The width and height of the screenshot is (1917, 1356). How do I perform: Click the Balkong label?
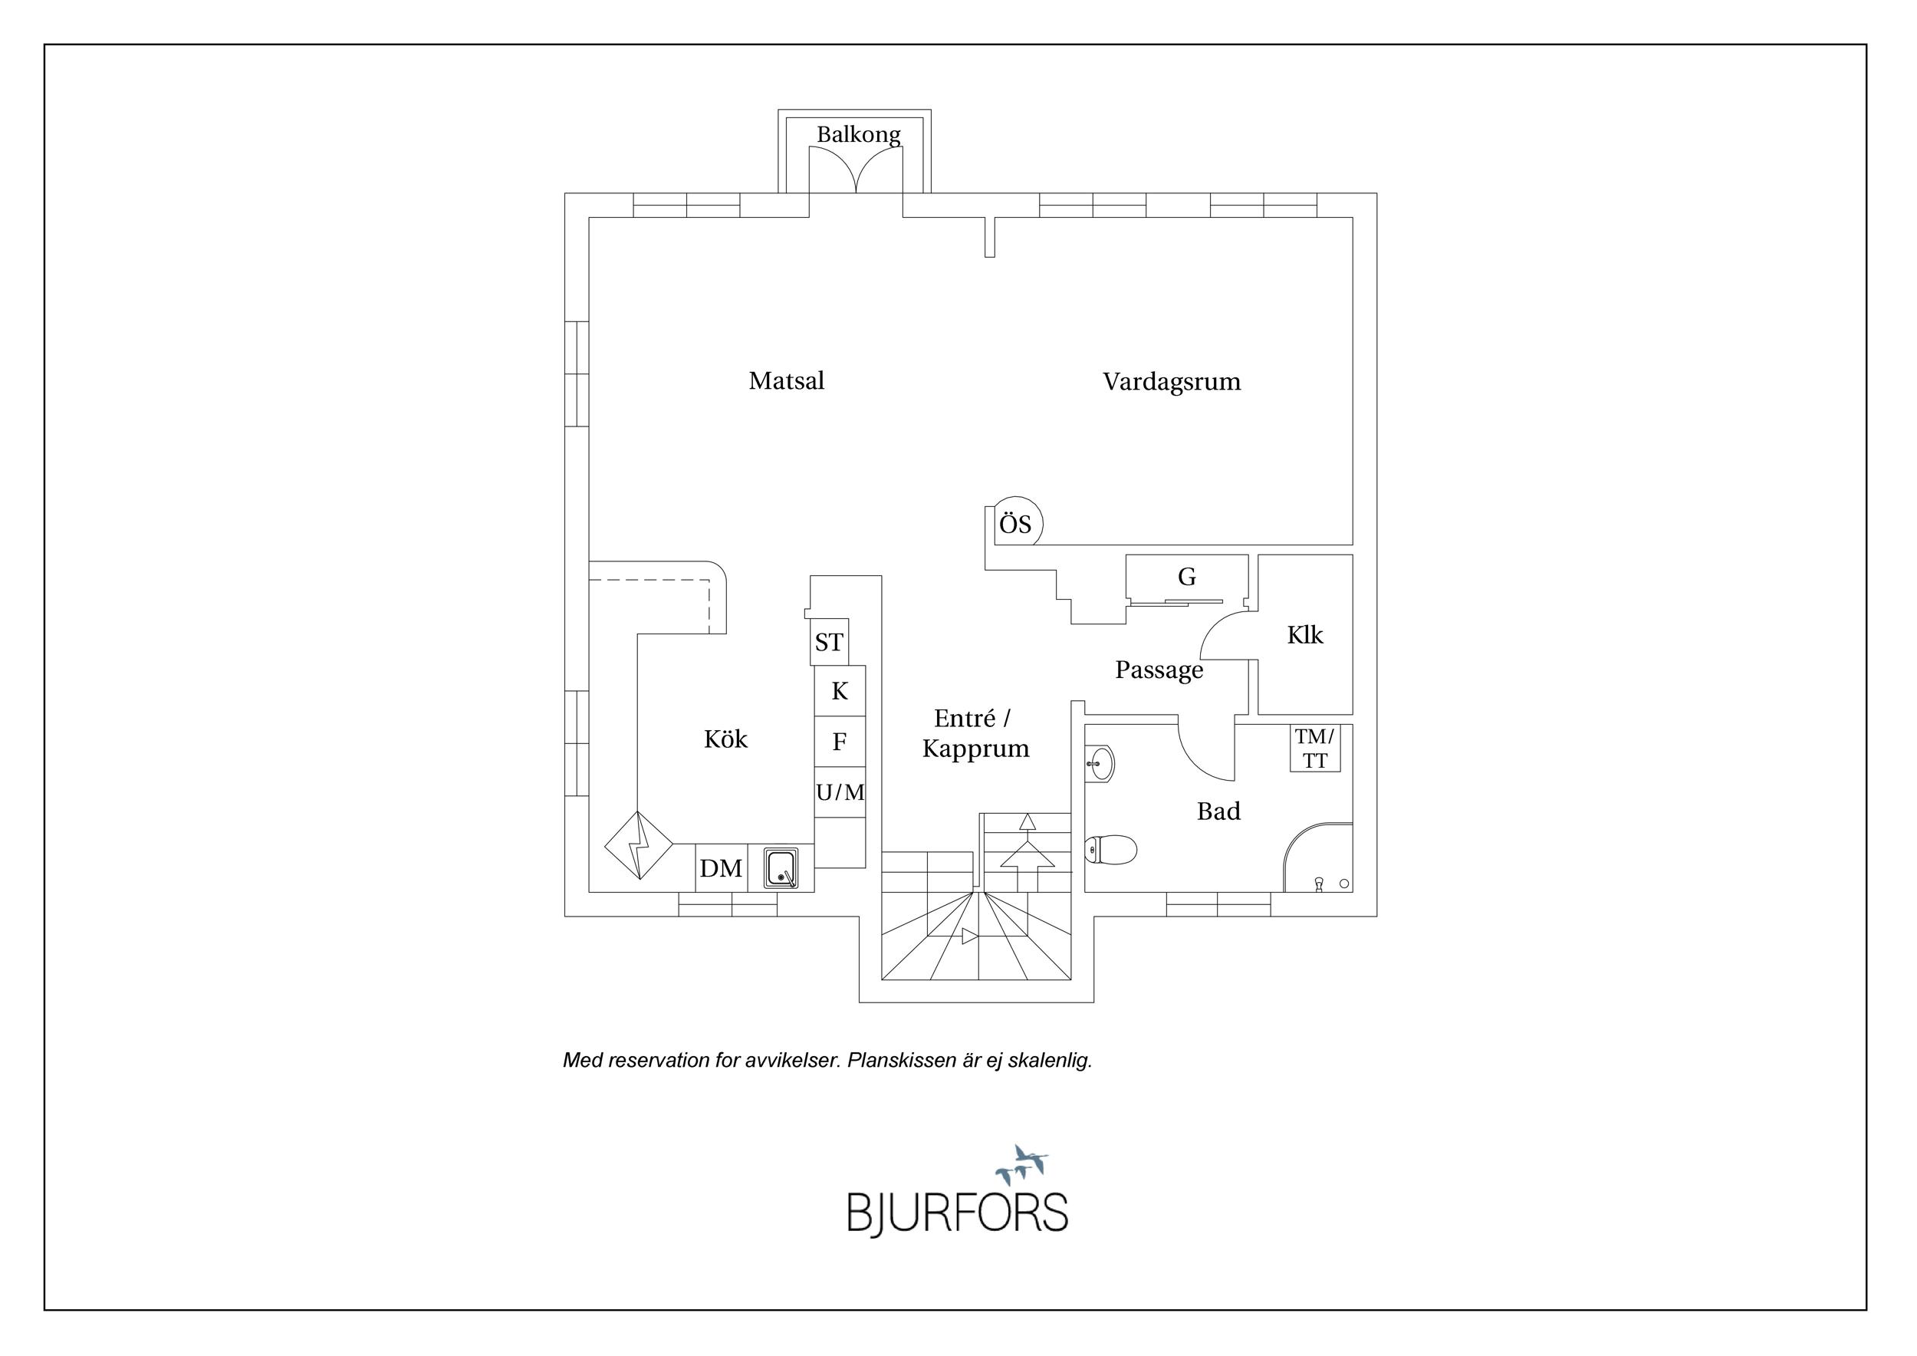tap(858, 134)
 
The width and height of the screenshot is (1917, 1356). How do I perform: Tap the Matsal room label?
tap(787, 380)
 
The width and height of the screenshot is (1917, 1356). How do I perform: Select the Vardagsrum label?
tap(1172, 382)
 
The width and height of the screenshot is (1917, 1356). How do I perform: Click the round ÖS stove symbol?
tap(1016, 524)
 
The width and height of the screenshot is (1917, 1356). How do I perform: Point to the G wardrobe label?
tap(1186, 576)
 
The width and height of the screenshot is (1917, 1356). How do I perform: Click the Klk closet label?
tap(1305, 635)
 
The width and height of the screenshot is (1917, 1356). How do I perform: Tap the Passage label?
tap(1159, 670)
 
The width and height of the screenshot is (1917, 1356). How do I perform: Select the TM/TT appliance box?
tap(1315, 748)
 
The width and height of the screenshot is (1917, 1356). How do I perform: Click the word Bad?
tap(1218, 811)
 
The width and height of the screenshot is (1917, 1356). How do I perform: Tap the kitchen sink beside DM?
tap(781, 869)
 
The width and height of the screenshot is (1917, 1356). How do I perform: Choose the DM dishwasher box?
tap(721, 868)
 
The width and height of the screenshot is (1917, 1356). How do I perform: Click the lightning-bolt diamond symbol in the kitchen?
tap(639, 845)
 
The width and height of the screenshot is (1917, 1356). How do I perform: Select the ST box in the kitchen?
tap(829, 642)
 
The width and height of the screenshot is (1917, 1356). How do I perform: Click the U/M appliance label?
tap(840, 792)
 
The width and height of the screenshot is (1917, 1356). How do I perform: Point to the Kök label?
tap(725, 739)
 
